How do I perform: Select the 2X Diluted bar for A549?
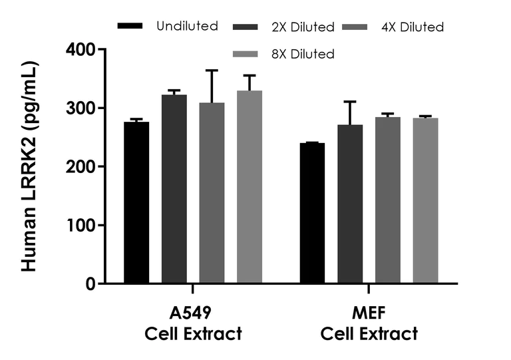tap(174, 190)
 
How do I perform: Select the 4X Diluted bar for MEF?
tap(387, 200)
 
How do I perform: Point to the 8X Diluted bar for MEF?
tap(425, 201)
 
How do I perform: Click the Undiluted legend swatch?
tap(130, 26)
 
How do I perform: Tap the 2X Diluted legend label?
tap(302, 27)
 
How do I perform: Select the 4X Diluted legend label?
tap(413, 27)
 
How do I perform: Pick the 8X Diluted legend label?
tap(302, 53)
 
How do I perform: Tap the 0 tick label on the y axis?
tap(90, 284)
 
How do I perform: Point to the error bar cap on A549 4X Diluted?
tap(212, 70)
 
